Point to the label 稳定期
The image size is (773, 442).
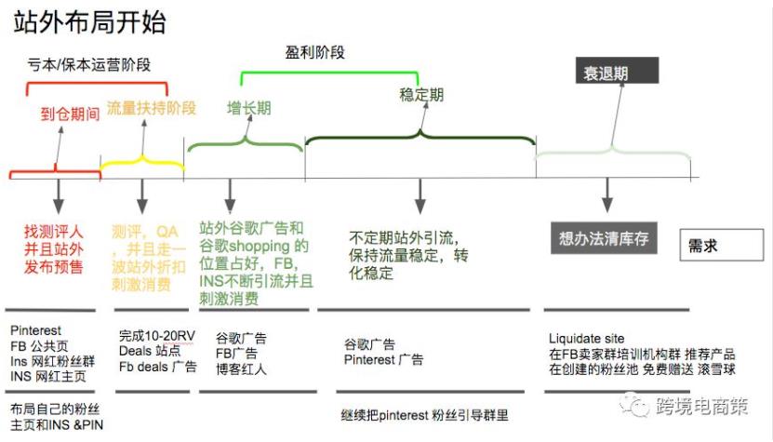tap(421, 95)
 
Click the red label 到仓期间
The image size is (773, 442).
tap(70, 115)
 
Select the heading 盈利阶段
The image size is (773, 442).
tap(314, 53)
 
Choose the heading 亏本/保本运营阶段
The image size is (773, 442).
tap(88, 64)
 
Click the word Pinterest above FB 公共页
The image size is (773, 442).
tap(36, 330)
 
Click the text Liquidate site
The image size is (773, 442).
tap(588, 339)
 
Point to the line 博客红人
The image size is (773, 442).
tap(241, 369)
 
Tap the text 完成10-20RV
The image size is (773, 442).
tap(157, 335)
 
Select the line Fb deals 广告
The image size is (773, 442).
tap(158, 367)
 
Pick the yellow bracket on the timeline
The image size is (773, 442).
tap(142, 167)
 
